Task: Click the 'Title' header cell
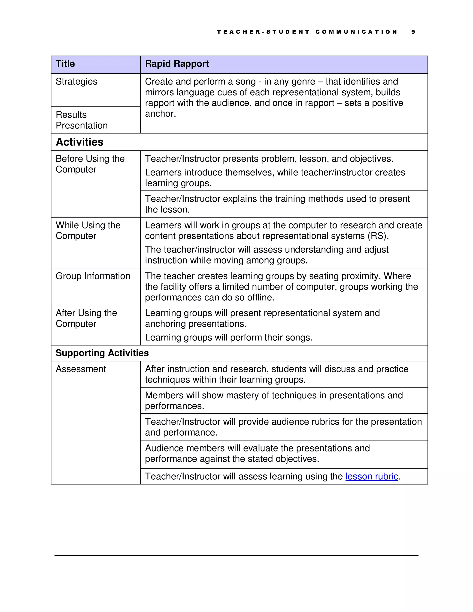click(x=65, y=64)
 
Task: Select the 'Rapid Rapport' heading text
click(x=177, y=64)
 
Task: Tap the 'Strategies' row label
click(x=76, y=82)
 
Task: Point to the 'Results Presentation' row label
click(x=82, y=120)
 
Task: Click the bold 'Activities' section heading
click(x=80, y=142)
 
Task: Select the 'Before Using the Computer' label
click(x=90, y=164)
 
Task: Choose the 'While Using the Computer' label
click(x=88, y=230)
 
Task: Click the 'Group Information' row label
click(x=93, y=276)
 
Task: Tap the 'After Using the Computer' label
click(x=86, y=318)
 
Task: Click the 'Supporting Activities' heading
click(x=102, y=353)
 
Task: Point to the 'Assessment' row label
click(x=81, y=369)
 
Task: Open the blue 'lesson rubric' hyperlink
click(x=372, y=476)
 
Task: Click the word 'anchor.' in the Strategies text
click(x=160, y=114)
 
